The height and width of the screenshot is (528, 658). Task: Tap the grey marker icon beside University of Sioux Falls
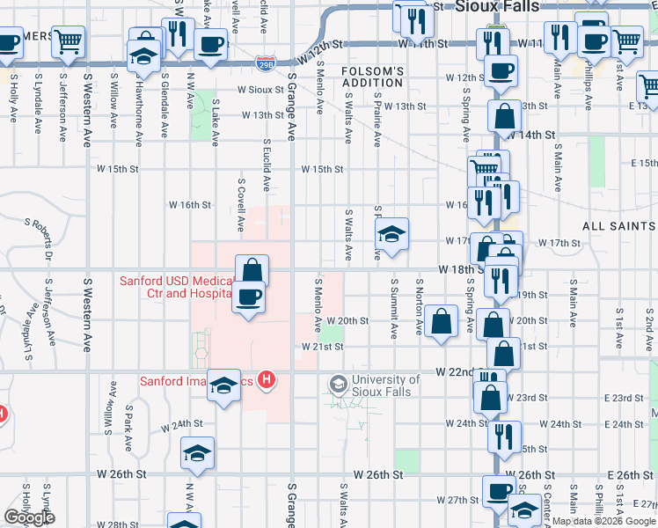point(338,385)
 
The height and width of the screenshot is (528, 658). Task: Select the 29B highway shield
point(266,63)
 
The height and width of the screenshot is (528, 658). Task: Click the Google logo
point(29,517)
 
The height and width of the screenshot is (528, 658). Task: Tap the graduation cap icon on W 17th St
point(391,233)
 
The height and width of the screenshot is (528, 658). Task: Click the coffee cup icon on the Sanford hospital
point(249,296)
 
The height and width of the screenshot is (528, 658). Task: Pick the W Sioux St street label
point(263,89)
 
